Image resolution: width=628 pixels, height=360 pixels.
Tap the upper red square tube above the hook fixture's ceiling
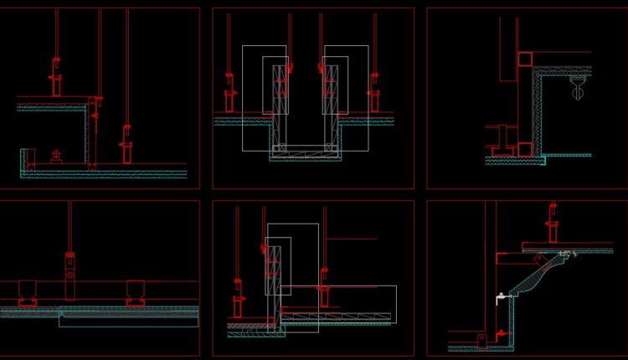pos(525,59)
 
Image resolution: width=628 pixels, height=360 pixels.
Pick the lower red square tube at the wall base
pos(524,149)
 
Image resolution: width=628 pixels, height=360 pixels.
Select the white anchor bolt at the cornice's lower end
pos(500,296)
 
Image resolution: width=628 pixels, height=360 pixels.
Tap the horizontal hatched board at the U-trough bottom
pos(305,151)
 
